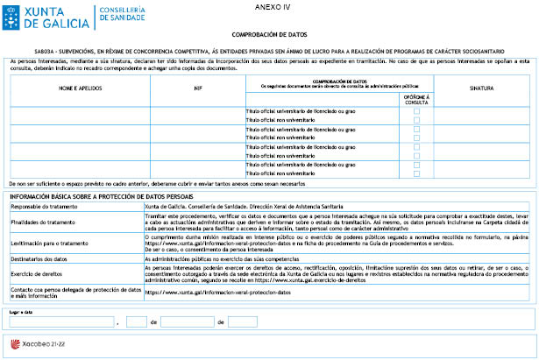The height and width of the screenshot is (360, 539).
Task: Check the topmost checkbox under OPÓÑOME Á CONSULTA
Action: click(x=416, y=112)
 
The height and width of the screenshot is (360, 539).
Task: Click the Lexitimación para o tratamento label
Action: click(x=48, y=243)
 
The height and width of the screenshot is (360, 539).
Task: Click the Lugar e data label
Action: click(x=21, y=311)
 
